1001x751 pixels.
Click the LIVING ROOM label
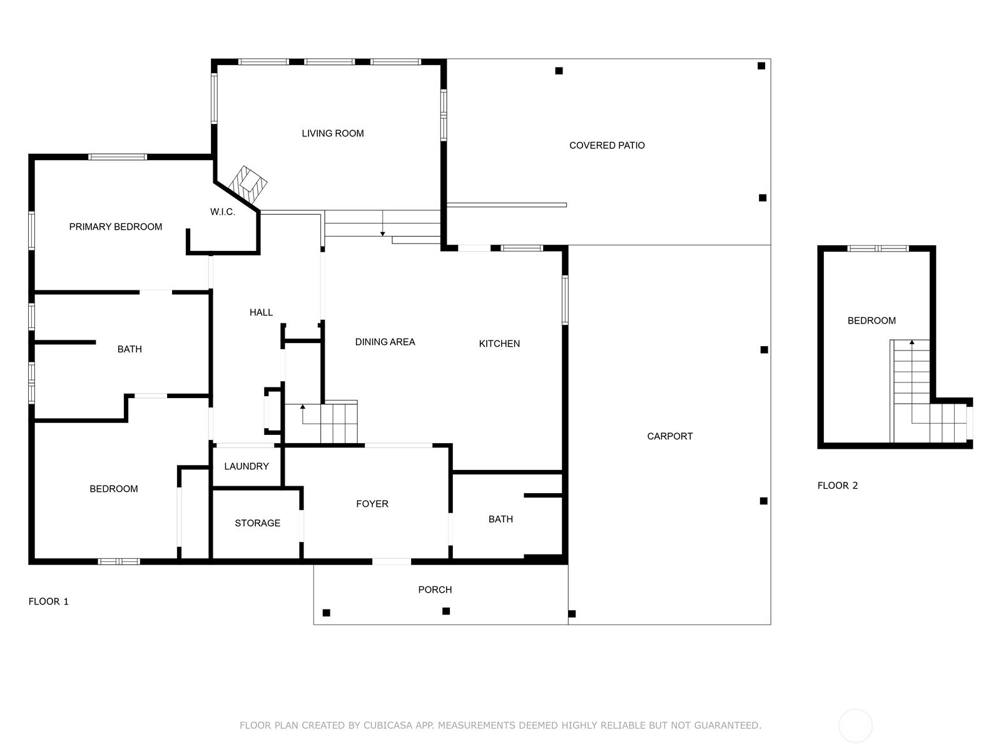click(332, 133)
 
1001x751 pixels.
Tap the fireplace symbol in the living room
click(248, 184)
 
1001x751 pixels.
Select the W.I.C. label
click(222, 212)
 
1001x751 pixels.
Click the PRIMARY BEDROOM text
click(115, 227)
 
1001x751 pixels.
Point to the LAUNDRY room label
click(246, 466)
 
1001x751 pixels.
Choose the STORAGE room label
click(257, 523)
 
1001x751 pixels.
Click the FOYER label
click(372, 504)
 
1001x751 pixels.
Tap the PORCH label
click(435, 590)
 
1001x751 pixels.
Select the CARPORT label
click(669, 436)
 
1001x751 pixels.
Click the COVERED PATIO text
click(606, 145)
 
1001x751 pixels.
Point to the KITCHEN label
click(499, 344)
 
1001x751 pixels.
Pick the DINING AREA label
click(385, 342)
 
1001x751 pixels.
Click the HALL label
click(261, 312)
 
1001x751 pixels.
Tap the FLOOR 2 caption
click(837, 486)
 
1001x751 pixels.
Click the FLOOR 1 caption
click(48, 601)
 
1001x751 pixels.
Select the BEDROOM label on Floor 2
click(871, 320)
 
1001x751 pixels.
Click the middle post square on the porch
click(446, 611)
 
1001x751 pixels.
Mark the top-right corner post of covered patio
click(761, 66)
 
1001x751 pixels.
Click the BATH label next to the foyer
click(500, 519)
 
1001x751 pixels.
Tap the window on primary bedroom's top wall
click(118, 157)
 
